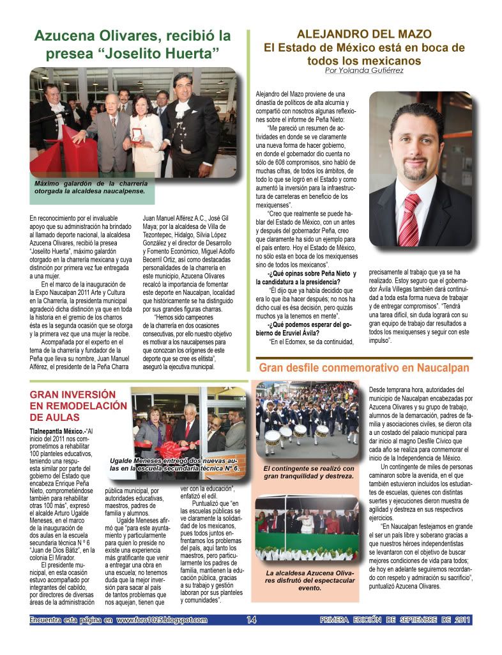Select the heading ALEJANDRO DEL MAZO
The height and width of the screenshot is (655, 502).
pyautogui.click(x=364, y=34)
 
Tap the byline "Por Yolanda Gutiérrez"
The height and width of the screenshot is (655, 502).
pyautogui.click(x=364, y=70)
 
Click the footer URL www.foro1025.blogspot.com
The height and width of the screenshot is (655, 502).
pyautogui.click(x=162, y=619)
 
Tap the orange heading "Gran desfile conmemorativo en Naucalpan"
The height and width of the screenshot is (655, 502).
pyautogui.click(x=363, y=368)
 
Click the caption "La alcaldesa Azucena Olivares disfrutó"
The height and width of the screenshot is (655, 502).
pyautogui.click(x=308, y=580)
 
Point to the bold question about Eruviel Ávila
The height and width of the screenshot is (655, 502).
pyautogui.click(x=298, y=327)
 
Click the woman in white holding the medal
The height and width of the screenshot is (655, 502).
pyautogui.click(x=146, y=134)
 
